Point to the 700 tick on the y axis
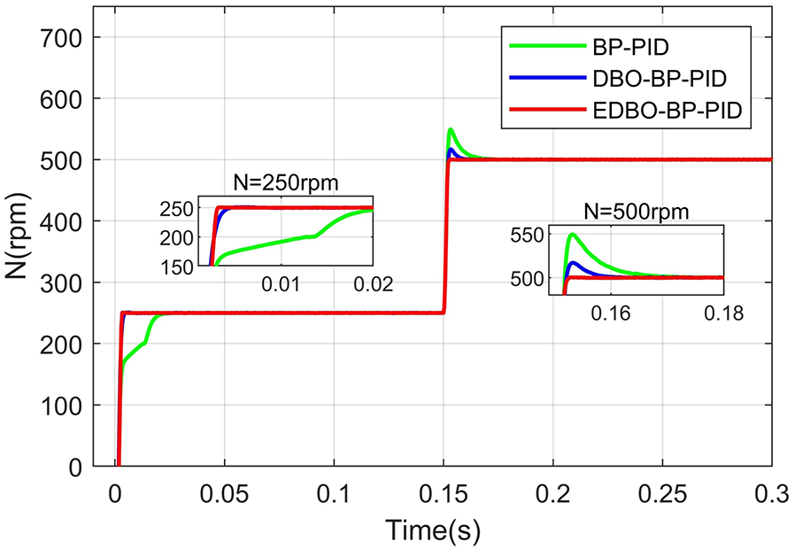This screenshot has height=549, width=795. coord(66,38)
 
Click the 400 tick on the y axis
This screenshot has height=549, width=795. coord(66,221)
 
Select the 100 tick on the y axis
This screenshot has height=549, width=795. coord(66,406)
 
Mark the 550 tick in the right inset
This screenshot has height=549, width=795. coord(531,236)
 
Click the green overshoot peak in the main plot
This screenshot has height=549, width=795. coord(451,129)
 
